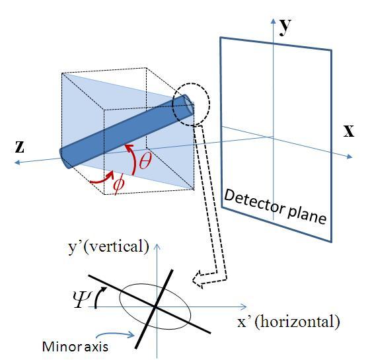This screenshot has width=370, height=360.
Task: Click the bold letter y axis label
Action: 286,26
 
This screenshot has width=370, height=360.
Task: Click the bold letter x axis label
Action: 348,130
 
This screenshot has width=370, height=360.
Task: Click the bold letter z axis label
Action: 20,147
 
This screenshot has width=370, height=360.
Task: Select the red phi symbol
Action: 119,183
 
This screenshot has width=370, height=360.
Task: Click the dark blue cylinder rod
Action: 126,132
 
